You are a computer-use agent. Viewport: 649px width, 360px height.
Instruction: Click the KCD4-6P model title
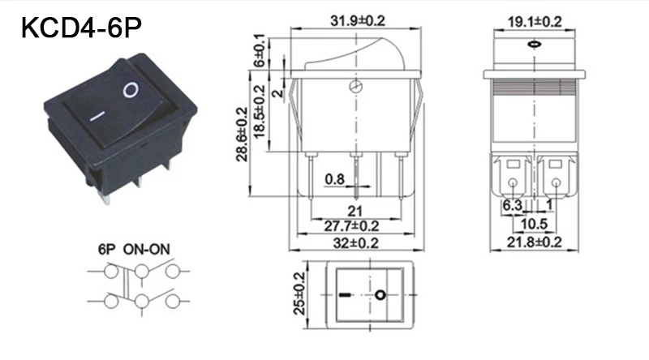[81, 28]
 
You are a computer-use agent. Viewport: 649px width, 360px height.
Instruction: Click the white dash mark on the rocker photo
[97, 116]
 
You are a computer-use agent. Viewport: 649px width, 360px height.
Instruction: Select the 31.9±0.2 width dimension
[357, 21]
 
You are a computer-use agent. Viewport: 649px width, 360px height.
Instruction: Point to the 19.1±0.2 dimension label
[535, 22]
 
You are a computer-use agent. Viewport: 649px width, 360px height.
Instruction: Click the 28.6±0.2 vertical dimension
[242, 134]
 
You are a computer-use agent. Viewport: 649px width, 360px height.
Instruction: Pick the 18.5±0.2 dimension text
[259, 112]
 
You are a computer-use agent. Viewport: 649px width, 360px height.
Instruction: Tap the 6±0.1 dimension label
[259, 50]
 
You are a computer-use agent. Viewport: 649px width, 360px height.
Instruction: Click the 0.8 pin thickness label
[334, 179]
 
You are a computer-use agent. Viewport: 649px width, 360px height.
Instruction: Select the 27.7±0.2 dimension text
[351, 226]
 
